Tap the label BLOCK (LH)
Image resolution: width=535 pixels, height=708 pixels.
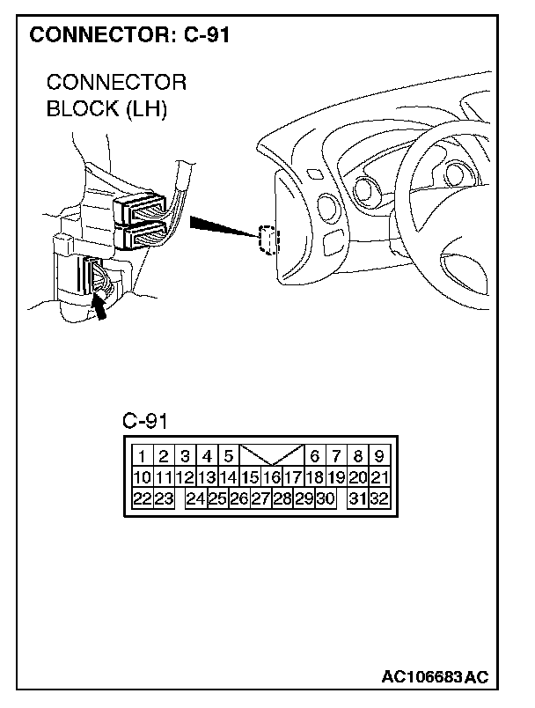106,109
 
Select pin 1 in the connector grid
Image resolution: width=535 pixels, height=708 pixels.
142,456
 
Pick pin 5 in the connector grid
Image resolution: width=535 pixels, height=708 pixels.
227,456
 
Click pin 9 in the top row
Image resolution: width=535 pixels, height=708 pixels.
378,456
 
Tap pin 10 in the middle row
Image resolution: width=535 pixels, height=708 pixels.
142,478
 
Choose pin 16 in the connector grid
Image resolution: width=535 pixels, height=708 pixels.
270,478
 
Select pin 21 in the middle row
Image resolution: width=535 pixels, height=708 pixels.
379,478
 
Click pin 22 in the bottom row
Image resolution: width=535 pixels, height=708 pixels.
142,499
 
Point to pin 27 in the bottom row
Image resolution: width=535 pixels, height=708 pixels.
260,499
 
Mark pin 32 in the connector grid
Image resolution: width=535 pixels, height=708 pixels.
379,499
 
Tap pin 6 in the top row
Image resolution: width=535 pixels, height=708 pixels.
314,456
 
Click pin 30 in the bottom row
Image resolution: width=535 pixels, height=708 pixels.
325,499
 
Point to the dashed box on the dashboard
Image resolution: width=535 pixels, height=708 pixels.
267,239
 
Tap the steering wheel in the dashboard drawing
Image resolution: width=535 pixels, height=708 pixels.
440,194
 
